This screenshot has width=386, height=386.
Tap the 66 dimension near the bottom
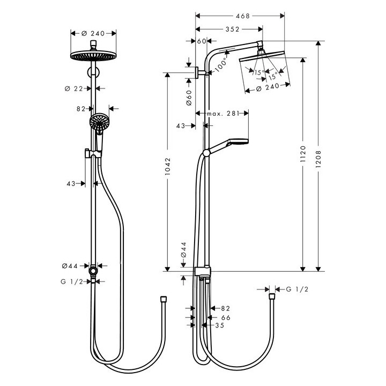tap(225, 317)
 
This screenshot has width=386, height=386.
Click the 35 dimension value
tap(219, 325)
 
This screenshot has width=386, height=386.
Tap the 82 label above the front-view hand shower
tap(81, 108)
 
